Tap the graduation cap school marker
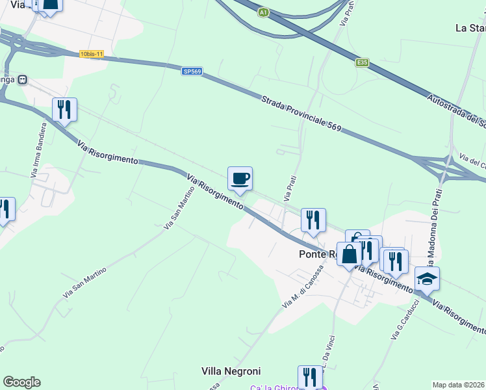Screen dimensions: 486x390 tap(427, 279)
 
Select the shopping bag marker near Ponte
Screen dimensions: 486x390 tap(349, 254)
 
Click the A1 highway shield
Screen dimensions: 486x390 tap(263, 12)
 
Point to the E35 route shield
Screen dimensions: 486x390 tap(362, 62)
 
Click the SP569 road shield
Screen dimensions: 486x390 tap(191, 71)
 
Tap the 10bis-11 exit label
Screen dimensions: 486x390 tap(92, 54)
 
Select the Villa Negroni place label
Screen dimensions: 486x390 tap(231, 371)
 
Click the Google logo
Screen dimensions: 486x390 tap(21, 382)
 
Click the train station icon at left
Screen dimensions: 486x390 tap(23, 79)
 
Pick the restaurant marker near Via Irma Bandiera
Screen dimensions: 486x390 tap(64, 109)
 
